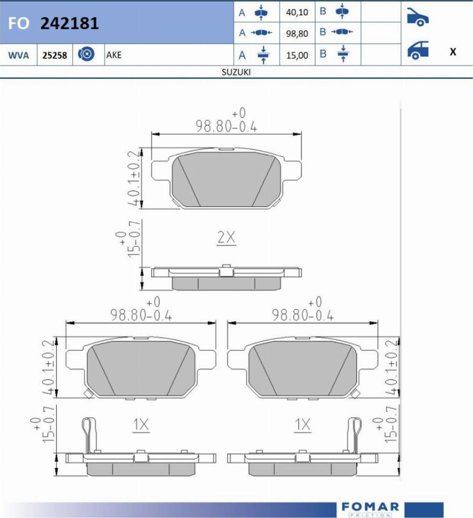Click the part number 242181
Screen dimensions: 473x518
pos(69,24)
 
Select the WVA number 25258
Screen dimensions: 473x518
pos(55,55)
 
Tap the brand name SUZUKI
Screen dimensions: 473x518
pos(236,72)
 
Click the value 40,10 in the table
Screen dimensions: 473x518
pos(297,12)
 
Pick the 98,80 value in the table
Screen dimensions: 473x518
pos(297,33)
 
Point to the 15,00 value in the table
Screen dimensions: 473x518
pos(297,55)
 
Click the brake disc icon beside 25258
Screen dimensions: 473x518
pos(86,54)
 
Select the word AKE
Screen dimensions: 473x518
pos(114,55)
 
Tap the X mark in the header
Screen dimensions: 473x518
pos(453,52)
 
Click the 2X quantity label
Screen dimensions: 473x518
pos(227,237)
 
